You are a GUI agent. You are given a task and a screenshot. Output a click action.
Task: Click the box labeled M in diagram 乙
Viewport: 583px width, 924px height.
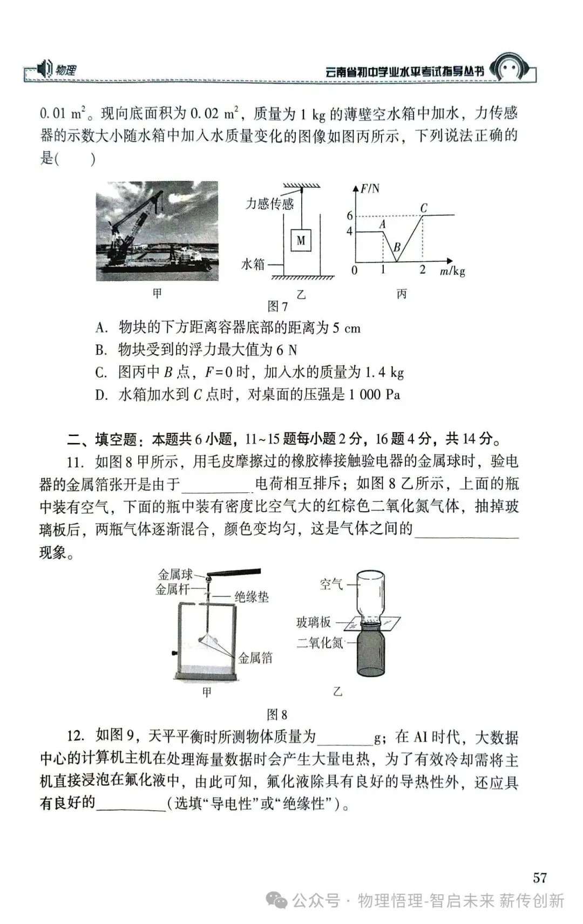[301, 240]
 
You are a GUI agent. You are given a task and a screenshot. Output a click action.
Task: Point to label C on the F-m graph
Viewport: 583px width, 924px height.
[424, 208]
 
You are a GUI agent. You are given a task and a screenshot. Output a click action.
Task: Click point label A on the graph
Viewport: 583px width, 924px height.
[383, 223]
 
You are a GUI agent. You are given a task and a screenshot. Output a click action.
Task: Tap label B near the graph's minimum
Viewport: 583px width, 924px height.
[397, 248]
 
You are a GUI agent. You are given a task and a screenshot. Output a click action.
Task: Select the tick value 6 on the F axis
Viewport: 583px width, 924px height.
[350, 216]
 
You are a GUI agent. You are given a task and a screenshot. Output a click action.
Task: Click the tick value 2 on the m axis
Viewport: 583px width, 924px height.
[423, 270]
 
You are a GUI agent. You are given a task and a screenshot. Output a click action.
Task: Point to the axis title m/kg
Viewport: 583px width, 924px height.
[452, 271]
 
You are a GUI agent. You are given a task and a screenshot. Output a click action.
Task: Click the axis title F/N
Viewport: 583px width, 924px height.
[370, 188]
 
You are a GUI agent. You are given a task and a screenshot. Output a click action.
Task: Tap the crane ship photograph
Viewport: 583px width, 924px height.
[157, 230]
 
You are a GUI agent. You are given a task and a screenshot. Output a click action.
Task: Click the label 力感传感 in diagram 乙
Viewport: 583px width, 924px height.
[269, 203]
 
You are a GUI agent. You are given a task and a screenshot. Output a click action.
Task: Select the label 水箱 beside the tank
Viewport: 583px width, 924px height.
[253, 264]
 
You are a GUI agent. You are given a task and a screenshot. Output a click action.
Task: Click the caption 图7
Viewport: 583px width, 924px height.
[277, 307]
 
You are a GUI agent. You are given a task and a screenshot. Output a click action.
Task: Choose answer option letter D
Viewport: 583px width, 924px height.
[101, 395]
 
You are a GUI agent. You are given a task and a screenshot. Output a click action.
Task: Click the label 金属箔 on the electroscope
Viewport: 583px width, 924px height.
[255, 657]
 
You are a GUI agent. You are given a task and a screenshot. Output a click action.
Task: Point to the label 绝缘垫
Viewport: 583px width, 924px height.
[251, 597]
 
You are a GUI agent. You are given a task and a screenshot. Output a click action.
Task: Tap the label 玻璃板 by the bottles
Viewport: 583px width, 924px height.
[313, 622]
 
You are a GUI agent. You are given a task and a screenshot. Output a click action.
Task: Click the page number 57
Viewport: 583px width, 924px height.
[540, 878]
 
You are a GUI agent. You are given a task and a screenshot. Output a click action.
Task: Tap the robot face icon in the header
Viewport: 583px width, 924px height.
[510, 69]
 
